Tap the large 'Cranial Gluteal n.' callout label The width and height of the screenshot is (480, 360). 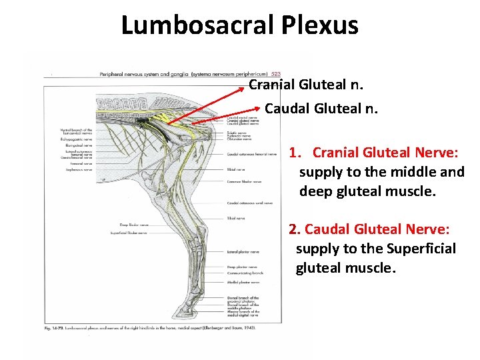[x=305, y=85]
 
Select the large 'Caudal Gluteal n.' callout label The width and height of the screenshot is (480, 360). [x=321, y=108]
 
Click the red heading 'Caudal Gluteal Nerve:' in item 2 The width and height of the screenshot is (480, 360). [x=377, y=229]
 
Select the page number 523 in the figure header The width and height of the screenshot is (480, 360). [x=276, y=74]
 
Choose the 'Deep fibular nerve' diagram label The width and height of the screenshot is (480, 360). [x=134, y=225]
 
